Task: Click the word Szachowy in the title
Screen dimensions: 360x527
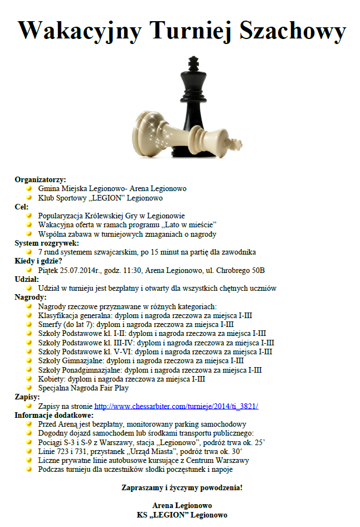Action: pyautogui.click(x=293, y=31)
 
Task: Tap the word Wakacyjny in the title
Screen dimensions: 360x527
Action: pyautogui.click(x=80, y=31)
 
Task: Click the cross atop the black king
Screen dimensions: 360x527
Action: pyautogui.click(x=193, y=62)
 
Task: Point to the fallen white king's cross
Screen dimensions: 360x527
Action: pyautogui.click(x=235, y=144)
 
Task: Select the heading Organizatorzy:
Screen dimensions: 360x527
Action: pyautogui.click(x=40, y=179)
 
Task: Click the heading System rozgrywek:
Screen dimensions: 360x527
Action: pyautogui.click(x=47, y=243)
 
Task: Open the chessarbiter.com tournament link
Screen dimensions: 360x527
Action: pyautogui.click(x=176, y=406)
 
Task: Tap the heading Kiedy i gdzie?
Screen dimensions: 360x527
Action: pyautogui.click(x=38, y=261)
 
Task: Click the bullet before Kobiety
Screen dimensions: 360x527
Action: pyautogui.click(x=29, y=379)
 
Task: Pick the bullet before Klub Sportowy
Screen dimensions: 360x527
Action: pyautogui.click(x=29, y=198)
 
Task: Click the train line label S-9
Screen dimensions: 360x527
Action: pyautogui.click(x=87, y=442)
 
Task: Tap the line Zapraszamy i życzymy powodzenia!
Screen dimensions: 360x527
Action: pyautogui.click(x=182, y=487)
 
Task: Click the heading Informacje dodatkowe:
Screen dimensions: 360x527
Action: pyautogui.click(x=54, y=415)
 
